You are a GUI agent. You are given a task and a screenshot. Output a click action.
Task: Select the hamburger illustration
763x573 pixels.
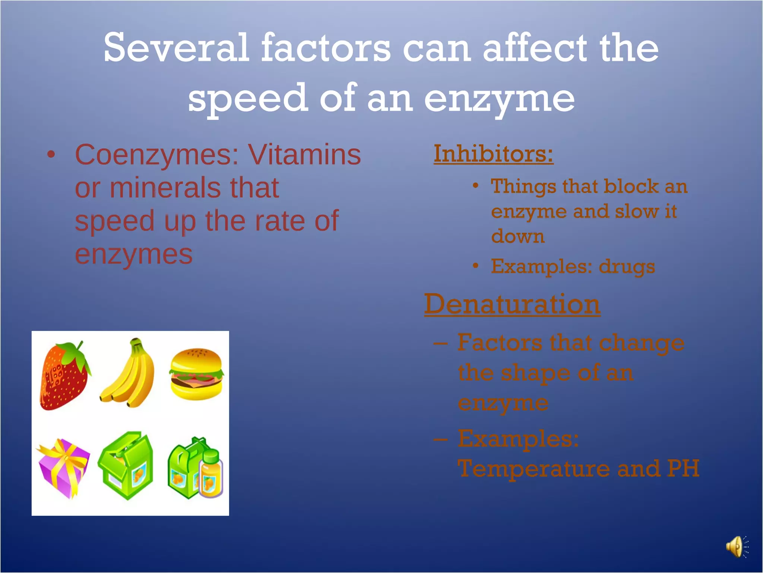point(196,374)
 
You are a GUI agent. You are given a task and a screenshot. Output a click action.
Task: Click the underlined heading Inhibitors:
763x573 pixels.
point(493,154)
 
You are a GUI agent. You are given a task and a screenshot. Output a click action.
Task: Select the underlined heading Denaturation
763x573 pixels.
point(512,304)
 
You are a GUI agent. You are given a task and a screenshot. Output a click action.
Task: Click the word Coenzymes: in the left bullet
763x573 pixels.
point(156,154)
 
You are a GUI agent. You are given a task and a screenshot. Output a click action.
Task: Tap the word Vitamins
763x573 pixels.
point(304,154)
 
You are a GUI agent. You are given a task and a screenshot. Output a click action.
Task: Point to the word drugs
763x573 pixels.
point(627,266)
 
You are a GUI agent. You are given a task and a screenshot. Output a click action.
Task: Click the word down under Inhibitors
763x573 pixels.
point(518,237)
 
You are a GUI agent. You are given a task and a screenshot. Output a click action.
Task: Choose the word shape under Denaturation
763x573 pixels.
point(535,373)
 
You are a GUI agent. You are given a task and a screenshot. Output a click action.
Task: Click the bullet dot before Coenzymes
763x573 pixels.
point(51,154)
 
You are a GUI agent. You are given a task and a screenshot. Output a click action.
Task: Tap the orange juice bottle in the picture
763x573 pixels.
point(211,476)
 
